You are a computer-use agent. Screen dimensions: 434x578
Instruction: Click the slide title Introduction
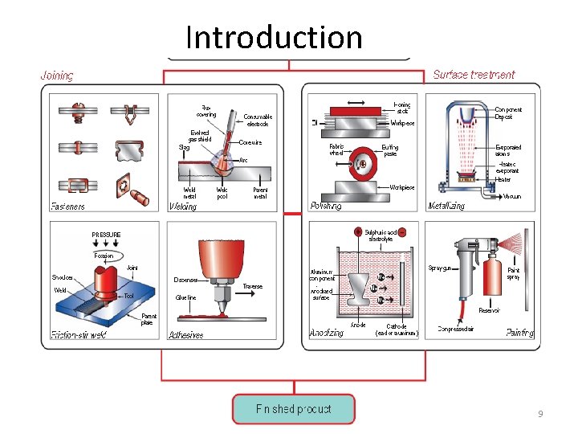pos(274,37)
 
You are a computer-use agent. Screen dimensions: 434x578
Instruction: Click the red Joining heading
pos(57,76)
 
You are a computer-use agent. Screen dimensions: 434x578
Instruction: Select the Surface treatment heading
pos(474,75)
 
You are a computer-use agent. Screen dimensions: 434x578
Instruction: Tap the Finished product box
pos(293,408)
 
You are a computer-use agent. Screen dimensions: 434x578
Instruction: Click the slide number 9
pos(540,413)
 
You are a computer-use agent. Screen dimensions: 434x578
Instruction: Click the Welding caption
pos(182,207)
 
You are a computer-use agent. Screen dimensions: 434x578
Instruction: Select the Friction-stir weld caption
pos(79,334)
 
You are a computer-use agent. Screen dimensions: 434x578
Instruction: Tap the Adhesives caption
pos(185,335)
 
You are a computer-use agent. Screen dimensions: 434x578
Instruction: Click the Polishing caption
pos(325,207)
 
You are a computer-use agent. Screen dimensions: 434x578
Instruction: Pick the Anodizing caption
pos(328,333)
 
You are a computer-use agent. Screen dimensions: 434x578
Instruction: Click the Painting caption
pos(520,333)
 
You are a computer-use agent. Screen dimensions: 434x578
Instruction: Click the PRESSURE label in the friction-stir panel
pos(106,235)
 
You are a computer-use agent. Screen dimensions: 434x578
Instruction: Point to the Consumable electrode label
pos(258,121)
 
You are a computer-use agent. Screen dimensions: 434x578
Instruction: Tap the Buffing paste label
pos(389,150)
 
